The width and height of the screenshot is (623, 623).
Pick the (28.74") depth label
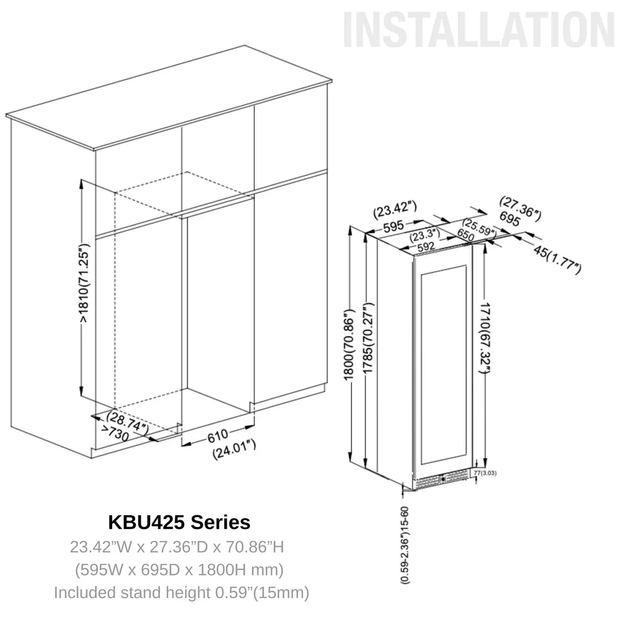[127, 421]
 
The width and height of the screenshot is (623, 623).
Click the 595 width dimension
[394, 226]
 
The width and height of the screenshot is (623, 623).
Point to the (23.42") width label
[395, 210]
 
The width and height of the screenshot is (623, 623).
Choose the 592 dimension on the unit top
[426, 246]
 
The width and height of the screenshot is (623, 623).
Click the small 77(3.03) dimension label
[485, 473]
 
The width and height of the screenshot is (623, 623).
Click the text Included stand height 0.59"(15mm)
[181, 592]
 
